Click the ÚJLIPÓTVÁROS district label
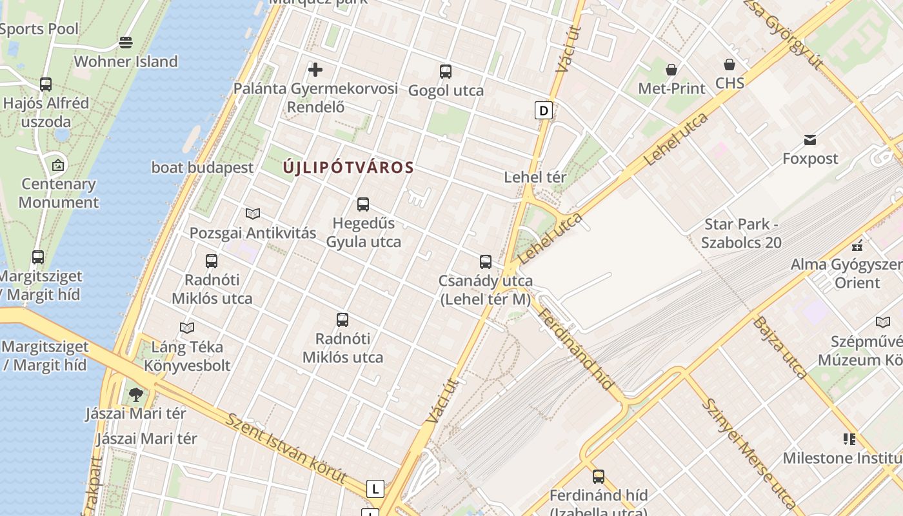pos(348,168)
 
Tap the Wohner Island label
pos(126,62)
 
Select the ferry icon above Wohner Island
pos(126,43)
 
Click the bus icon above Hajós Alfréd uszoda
pos(45,84)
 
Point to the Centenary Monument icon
pos(58,165)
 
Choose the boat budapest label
pos(203,168)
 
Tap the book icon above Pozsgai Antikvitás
pos(253,213)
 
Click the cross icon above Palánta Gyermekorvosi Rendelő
pos(315,69)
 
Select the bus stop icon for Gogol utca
pos(446,71)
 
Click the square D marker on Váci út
pos(544,110)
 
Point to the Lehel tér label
pos(535,177)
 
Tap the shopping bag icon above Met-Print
pos(671,69)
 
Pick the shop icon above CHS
pos(729,64)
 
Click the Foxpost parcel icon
pos(810,139)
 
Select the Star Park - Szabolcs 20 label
pos(742,233)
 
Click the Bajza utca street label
pos(780,346)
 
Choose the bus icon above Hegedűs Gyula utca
pos(363,204)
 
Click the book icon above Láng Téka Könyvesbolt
pos(187,328)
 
